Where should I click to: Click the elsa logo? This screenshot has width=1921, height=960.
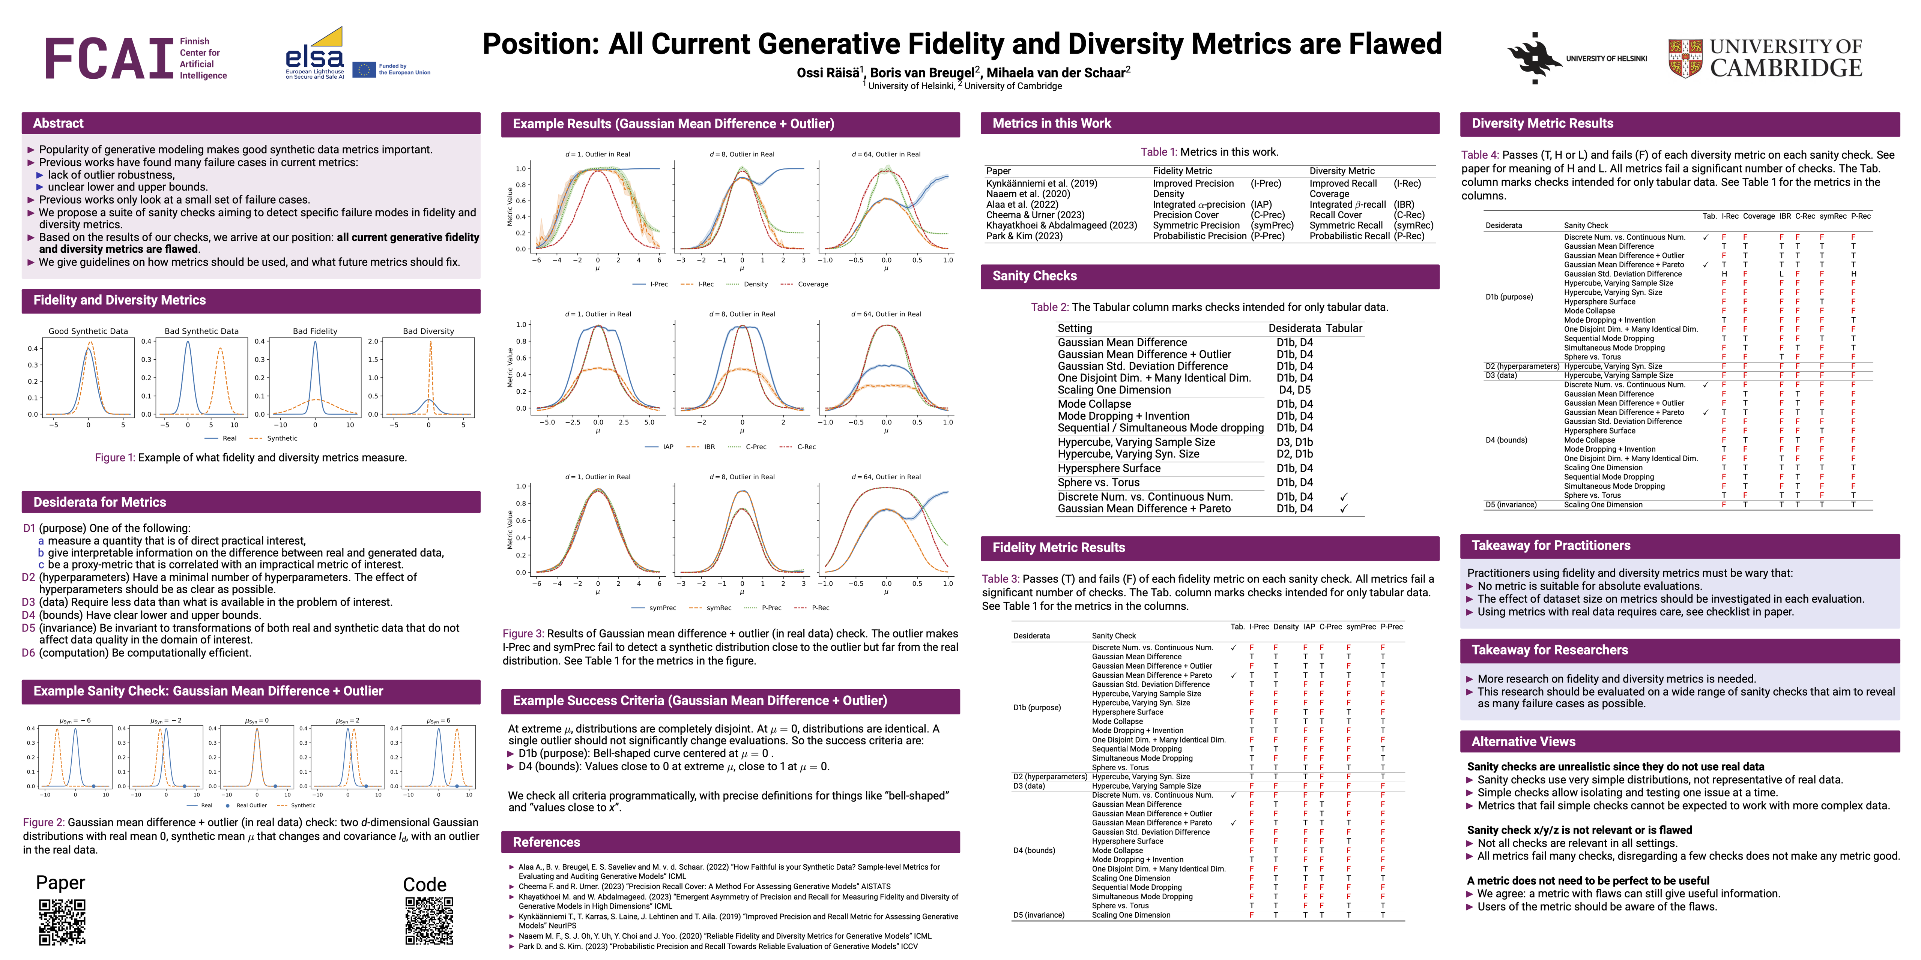coord(315,54)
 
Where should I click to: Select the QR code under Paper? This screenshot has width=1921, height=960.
coord(62,921)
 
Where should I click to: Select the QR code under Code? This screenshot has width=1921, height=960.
coord(429,921)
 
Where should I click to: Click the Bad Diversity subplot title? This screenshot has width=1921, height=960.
coord(428,331)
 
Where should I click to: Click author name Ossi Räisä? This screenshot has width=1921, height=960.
coord(829,73)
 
